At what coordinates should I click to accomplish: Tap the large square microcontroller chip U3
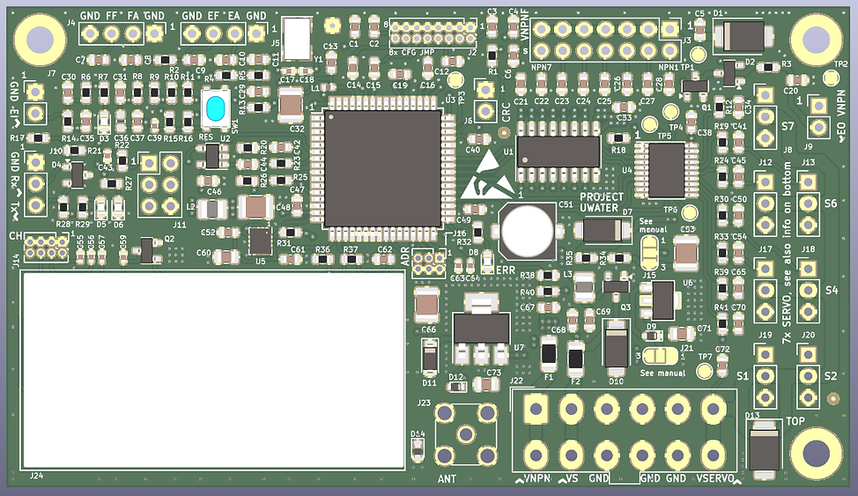coord(381,168)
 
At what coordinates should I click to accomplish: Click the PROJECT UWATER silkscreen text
coord(602,203)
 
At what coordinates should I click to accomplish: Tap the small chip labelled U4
coord(665,169)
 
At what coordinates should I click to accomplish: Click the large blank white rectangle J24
coord(212,370)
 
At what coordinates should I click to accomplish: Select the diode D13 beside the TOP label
coord(763,450)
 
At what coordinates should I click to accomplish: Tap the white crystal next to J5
coord(299,38)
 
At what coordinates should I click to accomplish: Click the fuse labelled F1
coord(548,355)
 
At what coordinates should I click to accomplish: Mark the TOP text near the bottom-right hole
coord(795,422)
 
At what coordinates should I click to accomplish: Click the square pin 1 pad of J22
coord(535,410)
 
